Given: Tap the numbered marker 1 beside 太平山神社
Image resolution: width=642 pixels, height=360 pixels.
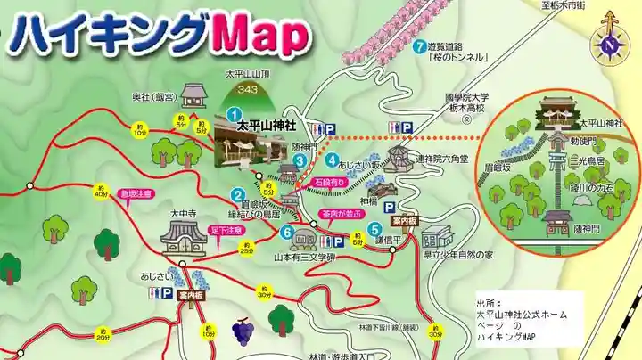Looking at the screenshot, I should pos(234,114).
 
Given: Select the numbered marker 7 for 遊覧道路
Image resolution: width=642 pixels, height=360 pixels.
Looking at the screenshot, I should pos(418,45).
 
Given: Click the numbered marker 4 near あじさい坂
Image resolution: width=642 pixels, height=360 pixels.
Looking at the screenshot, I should pos(332,161).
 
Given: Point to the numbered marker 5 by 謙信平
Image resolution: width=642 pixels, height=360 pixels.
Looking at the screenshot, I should pos(376,227).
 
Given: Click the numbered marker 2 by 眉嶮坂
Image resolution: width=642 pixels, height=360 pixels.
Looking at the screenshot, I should pos(238,196).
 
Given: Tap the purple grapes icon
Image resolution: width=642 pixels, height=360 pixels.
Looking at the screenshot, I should pos(242,331).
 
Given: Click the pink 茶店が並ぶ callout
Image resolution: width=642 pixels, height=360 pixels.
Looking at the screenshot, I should pos(340,214).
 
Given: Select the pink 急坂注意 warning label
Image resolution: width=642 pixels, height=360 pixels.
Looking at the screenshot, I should pos(136,193).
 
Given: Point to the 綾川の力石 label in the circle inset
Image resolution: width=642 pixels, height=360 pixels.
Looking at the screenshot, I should pos(593,188).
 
